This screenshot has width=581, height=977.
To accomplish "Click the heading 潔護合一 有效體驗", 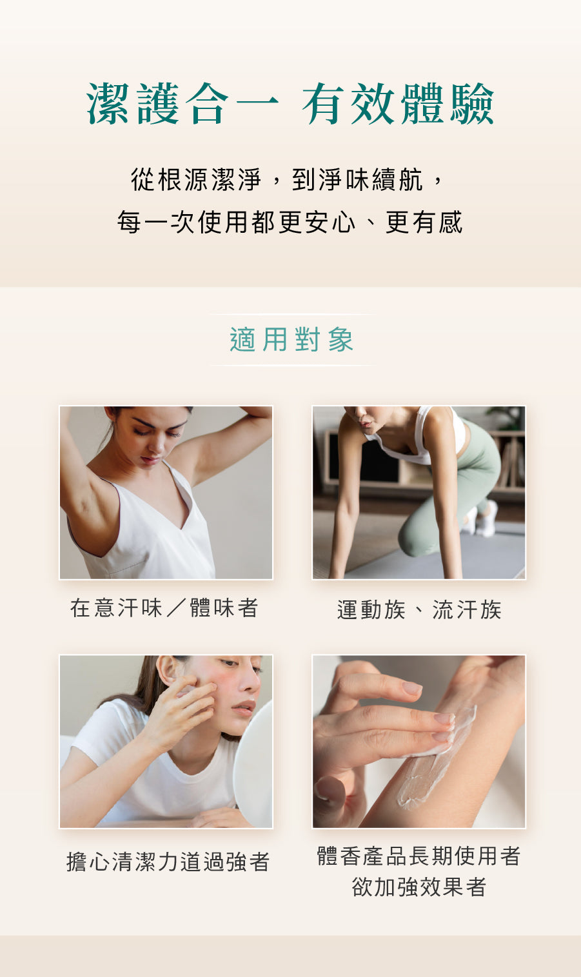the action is click(290, 104).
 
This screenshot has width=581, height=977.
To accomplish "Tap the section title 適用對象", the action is click(291, 339).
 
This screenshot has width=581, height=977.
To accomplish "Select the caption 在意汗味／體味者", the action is click(164, 607).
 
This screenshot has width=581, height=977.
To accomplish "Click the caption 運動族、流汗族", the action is click(419, 609).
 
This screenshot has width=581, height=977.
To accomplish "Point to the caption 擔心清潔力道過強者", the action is click(168, 862).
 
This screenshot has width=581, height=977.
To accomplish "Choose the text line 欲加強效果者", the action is click(419, 887).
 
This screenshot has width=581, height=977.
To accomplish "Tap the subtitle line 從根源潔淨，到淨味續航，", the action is click(287, 179).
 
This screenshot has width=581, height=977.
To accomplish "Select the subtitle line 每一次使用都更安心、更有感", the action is click(290, 222).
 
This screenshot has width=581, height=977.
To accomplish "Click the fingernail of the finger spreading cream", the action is click(445, 718).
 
